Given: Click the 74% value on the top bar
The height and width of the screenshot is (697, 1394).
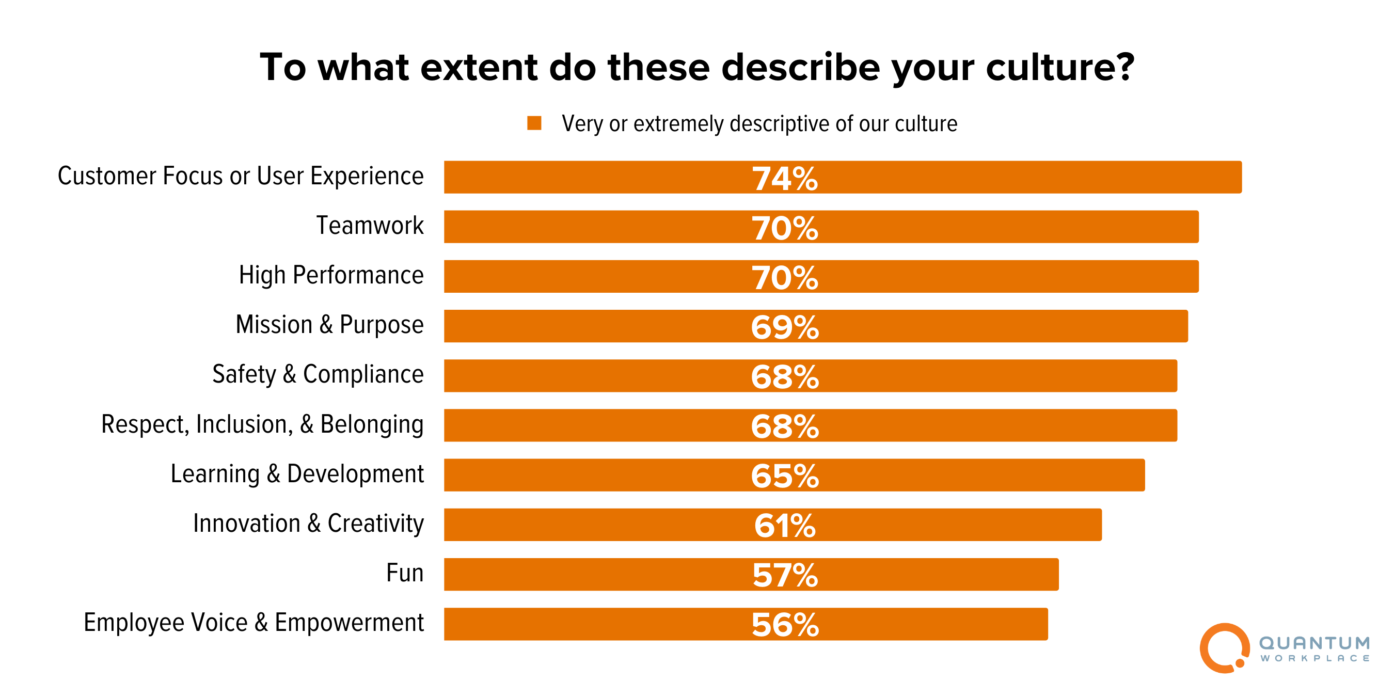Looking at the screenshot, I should (x=785, y=179).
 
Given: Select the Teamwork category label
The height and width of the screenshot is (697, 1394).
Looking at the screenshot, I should (x=370, y=226).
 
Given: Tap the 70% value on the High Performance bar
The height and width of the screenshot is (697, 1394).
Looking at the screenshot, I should (x=785, y=278).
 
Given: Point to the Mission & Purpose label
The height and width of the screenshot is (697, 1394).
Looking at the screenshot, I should (x=329, y=325).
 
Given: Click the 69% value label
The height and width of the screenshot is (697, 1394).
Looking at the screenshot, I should (x=785, y=327).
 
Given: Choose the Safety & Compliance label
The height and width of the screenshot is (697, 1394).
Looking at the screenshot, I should (x=318, y=374).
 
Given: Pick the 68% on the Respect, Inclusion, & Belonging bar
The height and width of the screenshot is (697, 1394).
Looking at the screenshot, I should (x=785, y=426).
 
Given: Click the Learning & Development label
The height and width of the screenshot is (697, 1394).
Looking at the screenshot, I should (x=297, y=474).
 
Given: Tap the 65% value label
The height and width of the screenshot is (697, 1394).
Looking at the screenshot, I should (x=785, y=476).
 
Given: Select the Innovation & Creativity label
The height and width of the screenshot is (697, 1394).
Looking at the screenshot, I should (x=308, y=524).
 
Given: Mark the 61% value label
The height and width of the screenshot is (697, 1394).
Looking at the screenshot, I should (x=785, y=526).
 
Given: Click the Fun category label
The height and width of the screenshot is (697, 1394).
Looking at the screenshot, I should (x=404, y=573).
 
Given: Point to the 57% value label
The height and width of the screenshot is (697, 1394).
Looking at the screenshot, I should (x=785, y=575).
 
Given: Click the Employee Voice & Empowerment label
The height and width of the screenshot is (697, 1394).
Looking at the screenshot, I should (x=254, y=623).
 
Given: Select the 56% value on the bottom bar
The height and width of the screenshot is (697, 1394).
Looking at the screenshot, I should (x=785, y=625).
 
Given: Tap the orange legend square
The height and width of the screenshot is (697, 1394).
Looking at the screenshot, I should (x=534, y=123).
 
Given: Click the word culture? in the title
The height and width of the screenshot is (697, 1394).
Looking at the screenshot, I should (x=1059, y=68).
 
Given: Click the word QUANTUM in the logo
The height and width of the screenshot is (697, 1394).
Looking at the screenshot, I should (x=1314, y=643).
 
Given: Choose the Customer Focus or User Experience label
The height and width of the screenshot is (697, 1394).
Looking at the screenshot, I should (x=240, y=177).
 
